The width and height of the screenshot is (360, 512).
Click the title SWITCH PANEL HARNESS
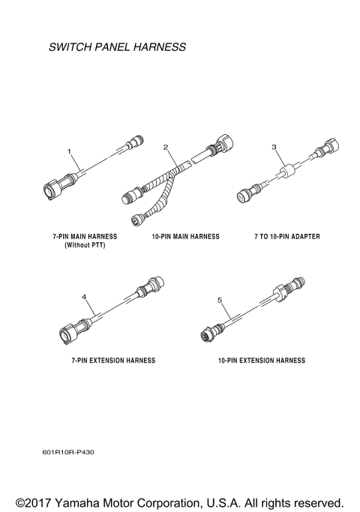click(x=116, y=47)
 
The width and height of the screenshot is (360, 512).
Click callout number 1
click(x=70, y=151)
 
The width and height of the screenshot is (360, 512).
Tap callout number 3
click(x=274, y=147)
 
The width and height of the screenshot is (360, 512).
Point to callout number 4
click(x=84, y=298)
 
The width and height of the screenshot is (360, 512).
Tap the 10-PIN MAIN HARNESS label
click(x=186, y=236)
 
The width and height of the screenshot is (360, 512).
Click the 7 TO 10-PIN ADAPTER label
click(x=286, y=236)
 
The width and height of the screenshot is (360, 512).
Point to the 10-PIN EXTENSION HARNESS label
click(x=261, y=361)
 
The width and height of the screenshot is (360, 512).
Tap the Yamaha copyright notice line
click(x=180, y=502)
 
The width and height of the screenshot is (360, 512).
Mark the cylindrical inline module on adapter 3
click(x=288, y=176)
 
